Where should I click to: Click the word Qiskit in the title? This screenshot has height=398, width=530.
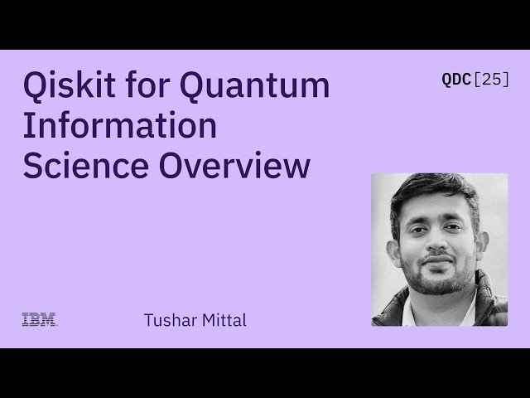tap(69, 86)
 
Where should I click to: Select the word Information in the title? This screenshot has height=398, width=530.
tap(119, 126)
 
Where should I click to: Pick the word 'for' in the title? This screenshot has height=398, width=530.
tap(150, 86)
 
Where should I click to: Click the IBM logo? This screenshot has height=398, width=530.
tap(39, 319)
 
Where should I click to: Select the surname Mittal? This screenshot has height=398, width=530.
tap(222, 320)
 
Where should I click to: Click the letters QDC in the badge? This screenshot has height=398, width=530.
tap(456, 80)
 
